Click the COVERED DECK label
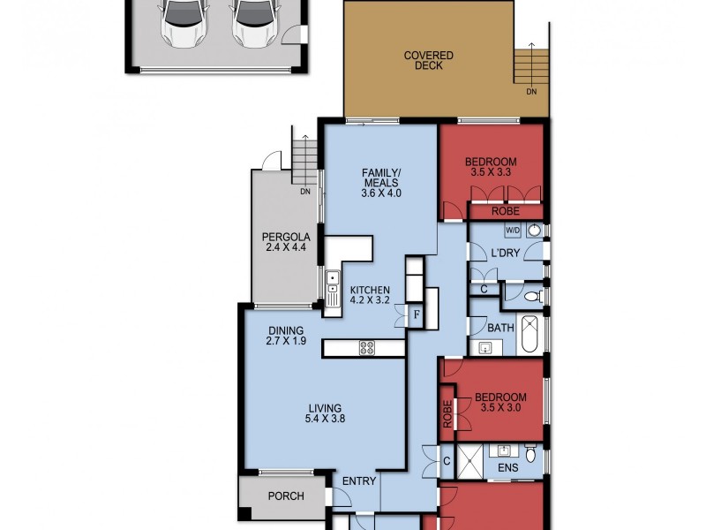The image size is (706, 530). (429, 62)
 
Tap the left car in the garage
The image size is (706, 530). (182, 20)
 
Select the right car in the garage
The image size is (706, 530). (251, 20)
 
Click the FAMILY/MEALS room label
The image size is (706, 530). (381, 181)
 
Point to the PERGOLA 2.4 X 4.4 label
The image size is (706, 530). (284, 242)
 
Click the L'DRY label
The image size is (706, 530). (506, 254)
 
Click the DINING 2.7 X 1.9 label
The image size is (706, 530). (286, 334)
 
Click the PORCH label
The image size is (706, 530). (286, 496)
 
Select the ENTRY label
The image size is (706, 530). (360, 481)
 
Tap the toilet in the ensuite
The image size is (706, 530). (530, 455)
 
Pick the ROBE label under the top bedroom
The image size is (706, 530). (506, 212)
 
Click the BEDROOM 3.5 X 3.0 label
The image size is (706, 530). (499, 403)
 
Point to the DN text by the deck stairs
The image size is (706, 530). (531, 91)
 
